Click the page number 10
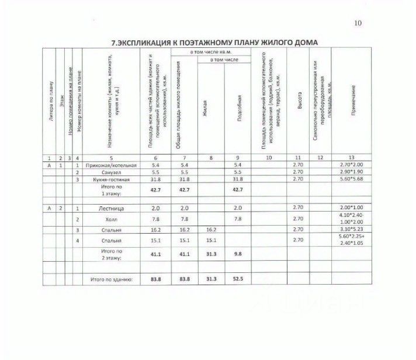point(358,23)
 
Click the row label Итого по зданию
point(112,280)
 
